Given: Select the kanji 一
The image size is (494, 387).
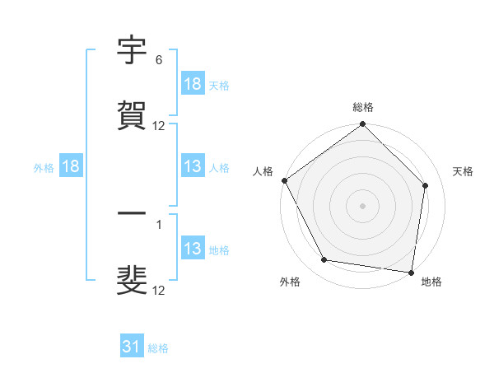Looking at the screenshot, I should pos(132,216).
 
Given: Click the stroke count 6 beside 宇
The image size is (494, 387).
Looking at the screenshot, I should pos(158,61).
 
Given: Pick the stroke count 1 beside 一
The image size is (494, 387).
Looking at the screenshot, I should pos(158,224).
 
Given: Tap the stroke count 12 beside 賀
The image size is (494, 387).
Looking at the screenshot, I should pos(159,125).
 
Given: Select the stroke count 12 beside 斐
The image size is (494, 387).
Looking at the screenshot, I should pos(159,290).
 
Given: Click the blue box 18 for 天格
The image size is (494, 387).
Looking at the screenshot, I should pos(193,84).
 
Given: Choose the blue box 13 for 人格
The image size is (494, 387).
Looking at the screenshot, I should pos(193,166).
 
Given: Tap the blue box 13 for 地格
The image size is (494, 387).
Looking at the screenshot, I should pos(193,249).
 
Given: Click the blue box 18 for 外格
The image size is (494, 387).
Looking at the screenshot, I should pos(71,166).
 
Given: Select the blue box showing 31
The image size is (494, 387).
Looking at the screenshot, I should pos(132,347).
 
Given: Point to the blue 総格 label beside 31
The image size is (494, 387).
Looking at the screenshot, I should pos(158,348).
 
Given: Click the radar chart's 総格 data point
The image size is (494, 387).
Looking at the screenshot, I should pos(362,125).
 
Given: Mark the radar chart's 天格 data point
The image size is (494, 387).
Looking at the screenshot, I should pos(426,185).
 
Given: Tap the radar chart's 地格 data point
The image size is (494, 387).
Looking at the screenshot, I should pos(412,272).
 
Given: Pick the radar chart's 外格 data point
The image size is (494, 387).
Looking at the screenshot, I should pos(324,260).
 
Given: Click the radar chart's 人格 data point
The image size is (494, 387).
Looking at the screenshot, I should pos(284,180).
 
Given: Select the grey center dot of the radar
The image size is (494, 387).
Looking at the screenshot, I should pos(362,205).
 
